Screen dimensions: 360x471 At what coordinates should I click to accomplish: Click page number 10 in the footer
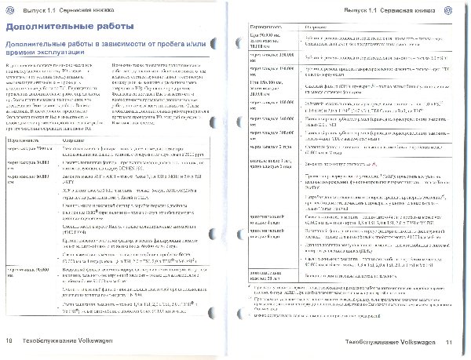[10, 341]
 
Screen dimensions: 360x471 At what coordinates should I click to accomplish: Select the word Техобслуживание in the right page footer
[363, 341]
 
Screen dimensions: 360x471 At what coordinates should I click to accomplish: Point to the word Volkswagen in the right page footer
[416, 341]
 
